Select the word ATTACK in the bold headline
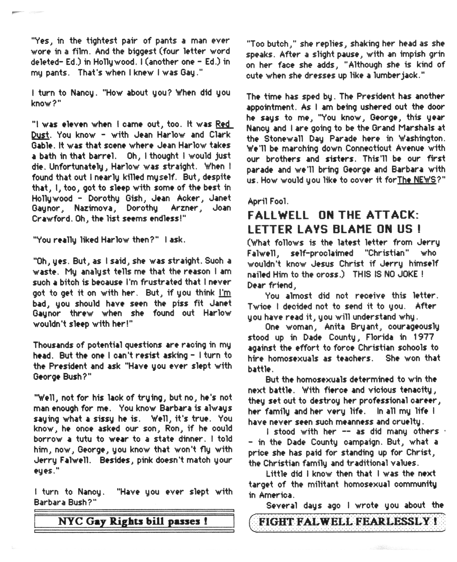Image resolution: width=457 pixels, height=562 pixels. click(392, 215)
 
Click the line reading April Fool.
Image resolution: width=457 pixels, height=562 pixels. click(268, 202)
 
